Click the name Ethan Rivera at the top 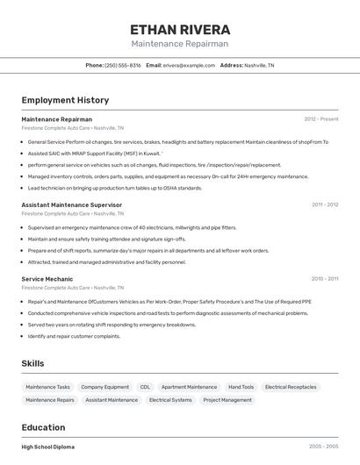click(179, 30)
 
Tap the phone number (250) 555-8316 click(122, 65)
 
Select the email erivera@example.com click(189, 65)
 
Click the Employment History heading click(65, 100)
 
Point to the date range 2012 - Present click(320, 119)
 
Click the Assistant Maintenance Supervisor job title click(71, 204)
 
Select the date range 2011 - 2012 click(324, 204)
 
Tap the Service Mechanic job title click(47, 279)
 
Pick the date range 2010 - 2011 click(324, 279)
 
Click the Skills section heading click(33, 363)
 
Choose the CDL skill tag click(145, 387)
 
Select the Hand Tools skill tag click(241, 387)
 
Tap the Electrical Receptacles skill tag click(291, 387)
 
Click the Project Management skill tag click(227, 400)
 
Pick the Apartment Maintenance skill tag click(189, 387)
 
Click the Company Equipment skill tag click(104, 387)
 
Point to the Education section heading click(43, 427)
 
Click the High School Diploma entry click(48, 447)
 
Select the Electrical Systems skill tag click(170, 400)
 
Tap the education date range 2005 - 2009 click(323, 447)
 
